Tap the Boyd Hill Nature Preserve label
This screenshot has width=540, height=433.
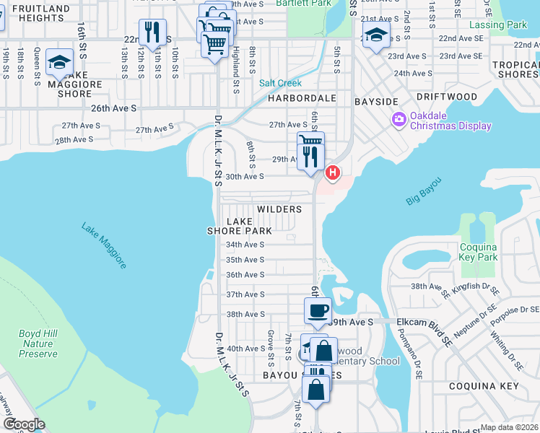tap(38, 344)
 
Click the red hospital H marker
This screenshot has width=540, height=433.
tap(333, 172)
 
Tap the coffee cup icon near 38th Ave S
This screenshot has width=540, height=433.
tap(318, 311)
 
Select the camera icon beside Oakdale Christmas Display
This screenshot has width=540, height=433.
tap(398, 119)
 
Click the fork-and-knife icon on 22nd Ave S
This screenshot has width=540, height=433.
tap(152, 32)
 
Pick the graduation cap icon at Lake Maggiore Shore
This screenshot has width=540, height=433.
tap(59, 61)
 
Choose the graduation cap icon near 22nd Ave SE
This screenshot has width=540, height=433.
tap(376, 35)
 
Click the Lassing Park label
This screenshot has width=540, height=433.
tap(507, 25)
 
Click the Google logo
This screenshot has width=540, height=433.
tap(24, 424)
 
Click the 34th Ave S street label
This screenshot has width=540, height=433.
tap(245, 245)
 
